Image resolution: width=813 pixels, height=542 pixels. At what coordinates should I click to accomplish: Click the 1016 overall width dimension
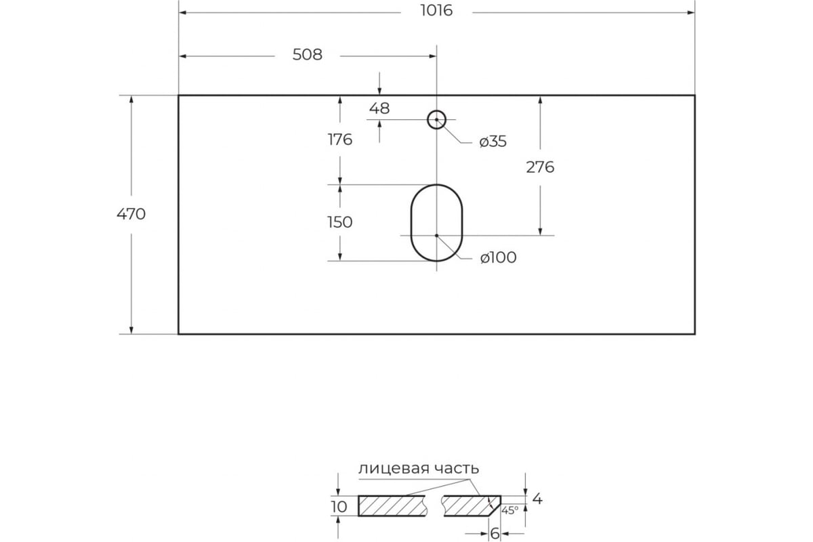click(x=436, y=11)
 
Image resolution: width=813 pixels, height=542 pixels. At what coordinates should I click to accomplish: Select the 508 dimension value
click(x=308, y=55)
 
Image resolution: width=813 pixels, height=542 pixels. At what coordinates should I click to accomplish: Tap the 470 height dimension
click(x=131, y=214)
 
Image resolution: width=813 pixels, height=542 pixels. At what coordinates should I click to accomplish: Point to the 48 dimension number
click(x=379, y=108)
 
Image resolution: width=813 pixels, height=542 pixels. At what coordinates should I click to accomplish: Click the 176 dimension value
click(x=339, y=140)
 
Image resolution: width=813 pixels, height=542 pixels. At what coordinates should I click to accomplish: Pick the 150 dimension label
click(x=339, y=222)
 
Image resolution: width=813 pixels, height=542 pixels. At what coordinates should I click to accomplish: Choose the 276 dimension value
click(x=540, y=167)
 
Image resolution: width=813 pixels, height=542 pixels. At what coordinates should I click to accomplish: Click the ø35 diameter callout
click(x=493, y=141)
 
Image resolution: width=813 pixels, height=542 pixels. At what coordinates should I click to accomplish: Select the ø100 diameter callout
click(x=499, y=257)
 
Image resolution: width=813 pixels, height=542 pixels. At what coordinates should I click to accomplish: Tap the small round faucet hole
click(x=436, y=110)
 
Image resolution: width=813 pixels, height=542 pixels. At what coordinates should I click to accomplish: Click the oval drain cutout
click(x=411, y=222)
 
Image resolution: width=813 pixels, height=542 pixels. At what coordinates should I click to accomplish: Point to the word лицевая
click(x=388, y=469)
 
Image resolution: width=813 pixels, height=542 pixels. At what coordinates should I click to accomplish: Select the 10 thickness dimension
click(x=339, y=507)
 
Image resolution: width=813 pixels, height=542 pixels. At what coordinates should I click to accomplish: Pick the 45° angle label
click(x=510, y=510)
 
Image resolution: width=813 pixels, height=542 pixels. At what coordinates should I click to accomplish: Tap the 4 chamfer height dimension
click(x=537, y=499)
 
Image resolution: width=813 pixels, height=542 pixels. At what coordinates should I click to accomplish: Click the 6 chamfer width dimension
click(x=495, y=534)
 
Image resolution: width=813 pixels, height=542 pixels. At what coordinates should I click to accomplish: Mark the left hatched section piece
click(x=392, y=505)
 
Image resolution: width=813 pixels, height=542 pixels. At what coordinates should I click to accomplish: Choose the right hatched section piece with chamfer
click(x=471, y=505)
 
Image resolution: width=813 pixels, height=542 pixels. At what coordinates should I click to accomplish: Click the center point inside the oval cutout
click(x=436, y=236)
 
